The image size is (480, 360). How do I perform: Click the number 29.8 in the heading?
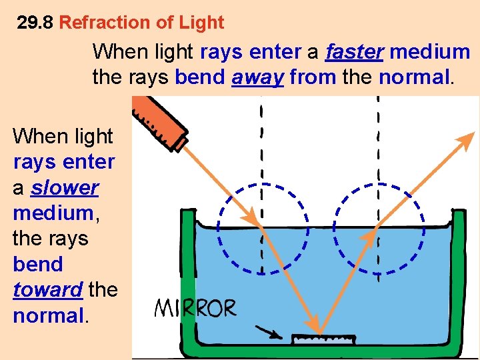(x=35, y=23)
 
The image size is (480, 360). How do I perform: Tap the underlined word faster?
(x=354, y=51)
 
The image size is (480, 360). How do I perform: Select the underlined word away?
(x=258, y=77)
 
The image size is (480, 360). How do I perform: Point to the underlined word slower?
(x=65, y=187)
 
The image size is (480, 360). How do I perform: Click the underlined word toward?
(x=47, y=289)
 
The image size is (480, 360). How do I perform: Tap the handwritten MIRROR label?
(x=196, y=309)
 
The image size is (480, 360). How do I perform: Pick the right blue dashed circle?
(x=378, y=227)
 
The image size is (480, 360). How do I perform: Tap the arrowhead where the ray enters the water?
(x=251, y=217)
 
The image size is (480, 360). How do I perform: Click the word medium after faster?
(x=430, y=51)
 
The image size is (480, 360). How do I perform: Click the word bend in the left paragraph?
(x=37, y=264)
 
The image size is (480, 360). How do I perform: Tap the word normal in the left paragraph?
(x=47, y=315)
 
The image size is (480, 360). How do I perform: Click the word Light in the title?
(x=201, y=23)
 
